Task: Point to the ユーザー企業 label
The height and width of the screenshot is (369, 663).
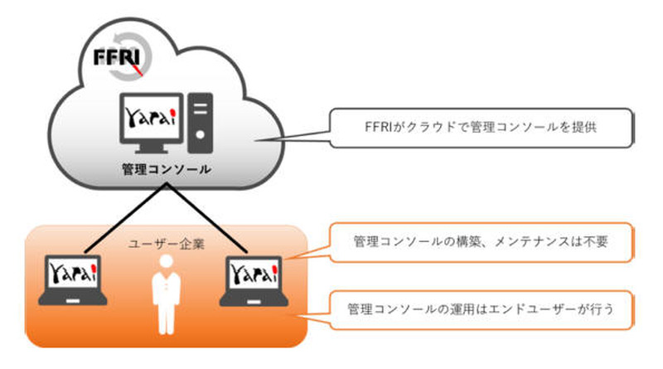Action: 162,243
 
